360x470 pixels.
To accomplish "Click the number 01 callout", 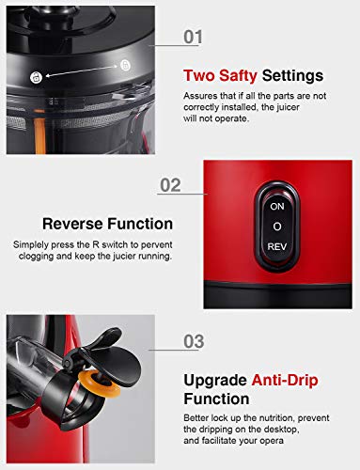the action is pyautogui.click(x=193, y=37).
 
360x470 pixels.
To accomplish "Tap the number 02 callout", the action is pyautogui.click(x=170, y=185).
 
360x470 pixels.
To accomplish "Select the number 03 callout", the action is pyautogui.click(x=194, y=341).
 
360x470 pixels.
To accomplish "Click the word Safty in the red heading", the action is pyautogui.click(x=238, y=76).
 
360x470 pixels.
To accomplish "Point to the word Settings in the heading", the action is pyautogui.click(x=292, y=76).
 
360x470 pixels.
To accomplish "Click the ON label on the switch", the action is pyautogui.click(x=277, y=207).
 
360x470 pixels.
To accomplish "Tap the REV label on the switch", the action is pyautogui.click(x=277, y=247).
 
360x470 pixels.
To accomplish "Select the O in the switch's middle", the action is pyautogui.click(x=277, y=227).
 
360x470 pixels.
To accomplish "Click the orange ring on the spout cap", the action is pyautogui.click(x=100, y=383).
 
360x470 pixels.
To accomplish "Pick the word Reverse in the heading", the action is pyautogui.click(x=72, y=224).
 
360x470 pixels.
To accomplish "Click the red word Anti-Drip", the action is pyautogui.click(x=285, y=381).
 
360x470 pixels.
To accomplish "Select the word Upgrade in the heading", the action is pyautogui.click(x=215, y=381).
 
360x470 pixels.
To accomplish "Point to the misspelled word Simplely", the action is pyautogui.click(x=31, y=245).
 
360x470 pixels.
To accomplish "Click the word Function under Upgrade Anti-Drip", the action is pyautogui.click(x=216, y=399).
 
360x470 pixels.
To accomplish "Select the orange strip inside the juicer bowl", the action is pyautogui.click(x=40, y=135).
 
